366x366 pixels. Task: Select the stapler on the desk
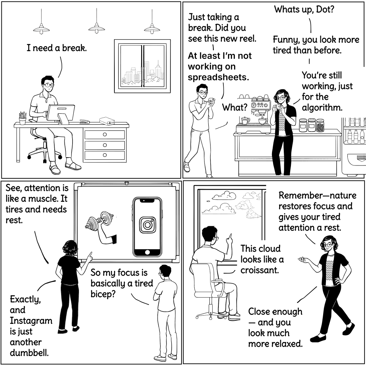[x=84, y=122]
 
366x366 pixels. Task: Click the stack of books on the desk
[x=107, y=121]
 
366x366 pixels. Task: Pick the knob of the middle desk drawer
[x=104, y=145]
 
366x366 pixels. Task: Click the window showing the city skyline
[x=142, y=66]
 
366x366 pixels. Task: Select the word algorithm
[x=322, y=107]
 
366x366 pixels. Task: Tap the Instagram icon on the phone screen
[x=147, y=225]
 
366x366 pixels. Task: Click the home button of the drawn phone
[x=147, y=252]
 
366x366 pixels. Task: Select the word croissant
[x=259, y=270]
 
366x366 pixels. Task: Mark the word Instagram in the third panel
[x=31, y=320]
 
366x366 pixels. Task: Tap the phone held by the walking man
[x=211, y=101]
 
